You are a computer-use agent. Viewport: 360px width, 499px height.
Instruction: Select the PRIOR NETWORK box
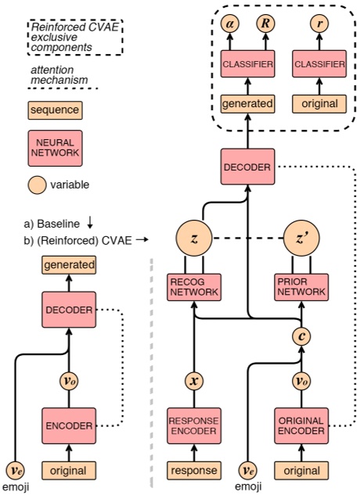click(301, 286)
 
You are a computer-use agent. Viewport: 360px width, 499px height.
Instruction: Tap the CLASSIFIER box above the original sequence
click(318, 63)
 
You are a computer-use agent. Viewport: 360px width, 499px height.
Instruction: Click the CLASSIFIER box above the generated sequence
click(247, 63)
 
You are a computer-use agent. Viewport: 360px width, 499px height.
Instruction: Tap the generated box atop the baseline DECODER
click(70, 265)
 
